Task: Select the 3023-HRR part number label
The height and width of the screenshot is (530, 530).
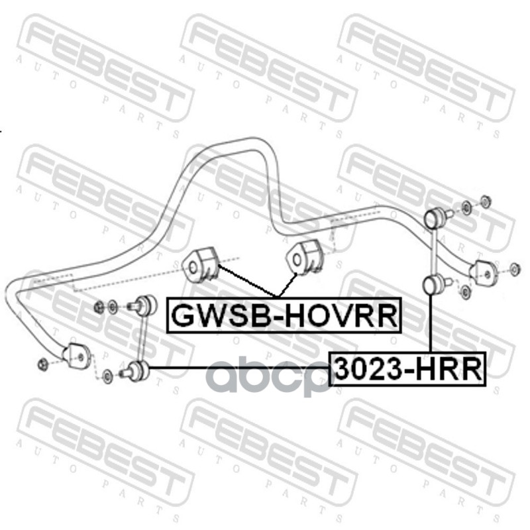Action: point(407,369)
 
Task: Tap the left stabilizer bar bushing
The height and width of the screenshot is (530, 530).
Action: point(199,266)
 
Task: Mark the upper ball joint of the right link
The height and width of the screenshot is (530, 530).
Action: point(436,215)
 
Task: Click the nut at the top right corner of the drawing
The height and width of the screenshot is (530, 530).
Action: point(484,201)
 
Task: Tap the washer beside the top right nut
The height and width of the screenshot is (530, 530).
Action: point(466,208)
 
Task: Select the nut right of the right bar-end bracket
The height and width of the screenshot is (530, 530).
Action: point(515,268)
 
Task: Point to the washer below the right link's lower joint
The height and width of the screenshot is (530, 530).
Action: point(465,291)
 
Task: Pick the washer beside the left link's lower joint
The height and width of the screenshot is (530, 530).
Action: point(109,376)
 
